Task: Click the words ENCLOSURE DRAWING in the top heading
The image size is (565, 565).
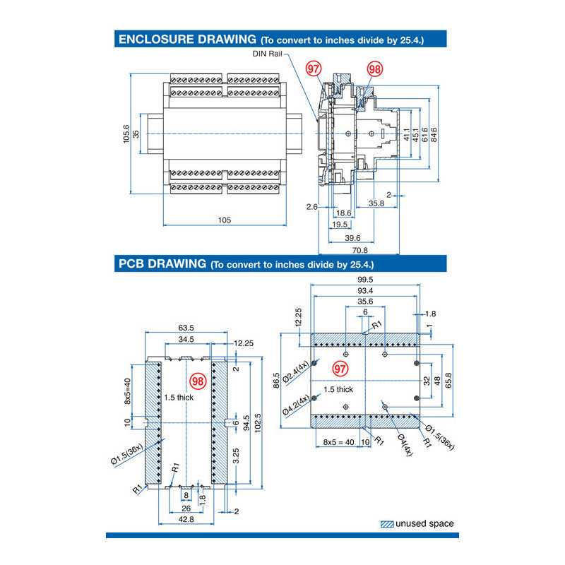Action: [186, 40]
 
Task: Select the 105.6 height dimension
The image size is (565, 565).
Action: [126, 133]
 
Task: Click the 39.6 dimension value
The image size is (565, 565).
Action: [352, 237]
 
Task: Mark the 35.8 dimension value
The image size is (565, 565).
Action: [376, 204]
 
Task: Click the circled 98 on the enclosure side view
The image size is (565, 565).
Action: [375, 69]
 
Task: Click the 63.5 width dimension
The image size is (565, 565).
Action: [186, 328]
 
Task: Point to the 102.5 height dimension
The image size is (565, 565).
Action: [257, 424]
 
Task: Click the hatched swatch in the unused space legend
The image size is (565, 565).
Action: [386, 524]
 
